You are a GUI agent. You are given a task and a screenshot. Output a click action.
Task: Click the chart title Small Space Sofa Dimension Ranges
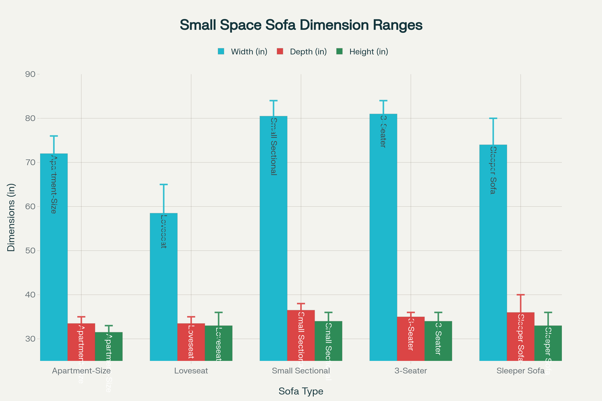(x=301, y=25)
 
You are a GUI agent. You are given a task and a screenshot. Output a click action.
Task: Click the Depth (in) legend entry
(x=302, y=52)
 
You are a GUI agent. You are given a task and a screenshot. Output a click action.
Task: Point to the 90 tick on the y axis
(x=30, y=74)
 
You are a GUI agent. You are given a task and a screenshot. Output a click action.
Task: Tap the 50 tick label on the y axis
(x=30, y=251)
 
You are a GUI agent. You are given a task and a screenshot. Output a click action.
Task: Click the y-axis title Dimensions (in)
(x=11, y=217)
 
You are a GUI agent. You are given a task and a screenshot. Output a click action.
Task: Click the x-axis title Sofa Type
(x=301, y=391)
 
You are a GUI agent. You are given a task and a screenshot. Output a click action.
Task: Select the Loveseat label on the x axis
(x=191, y=371)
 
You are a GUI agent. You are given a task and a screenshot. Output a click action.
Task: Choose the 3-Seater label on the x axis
(x=411, y=371)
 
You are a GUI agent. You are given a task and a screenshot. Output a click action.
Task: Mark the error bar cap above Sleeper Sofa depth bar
(x=521, y=295)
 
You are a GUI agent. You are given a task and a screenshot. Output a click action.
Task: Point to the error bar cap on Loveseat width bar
(x=164, y=184)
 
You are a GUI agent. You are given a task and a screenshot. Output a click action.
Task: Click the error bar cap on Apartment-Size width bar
(x=54, y=136)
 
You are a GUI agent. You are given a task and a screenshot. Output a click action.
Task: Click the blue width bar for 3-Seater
(x=383, y=243)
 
